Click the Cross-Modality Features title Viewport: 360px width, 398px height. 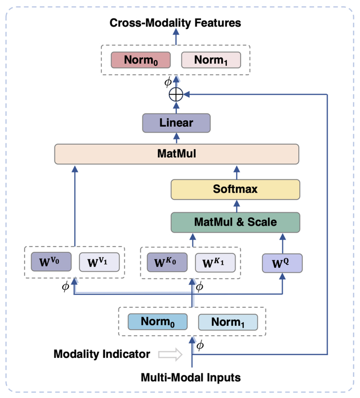pos(175,23)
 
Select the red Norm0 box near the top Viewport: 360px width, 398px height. pos(141,60)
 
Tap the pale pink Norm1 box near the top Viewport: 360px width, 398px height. pos(211,60)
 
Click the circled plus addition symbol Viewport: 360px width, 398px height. pos(176,95)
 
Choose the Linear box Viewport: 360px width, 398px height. pos(176,123)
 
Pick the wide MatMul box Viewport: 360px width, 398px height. pos(176,154)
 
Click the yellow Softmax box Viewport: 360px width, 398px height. pos(235,189)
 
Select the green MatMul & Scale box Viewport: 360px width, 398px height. pos(235,222)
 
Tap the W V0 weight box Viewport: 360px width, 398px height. pos(50,262)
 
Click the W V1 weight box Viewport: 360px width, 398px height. pos(99,262)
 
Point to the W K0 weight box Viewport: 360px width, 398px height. pos(166,262)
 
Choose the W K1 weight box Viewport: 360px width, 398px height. pos(215,262)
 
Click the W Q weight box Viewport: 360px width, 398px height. pos(282,262)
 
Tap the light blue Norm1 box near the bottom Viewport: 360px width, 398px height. pos(228,322)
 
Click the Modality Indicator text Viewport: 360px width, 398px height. pos(102,354)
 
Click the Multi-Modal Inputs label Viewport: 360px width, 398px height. pos(191,377)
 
